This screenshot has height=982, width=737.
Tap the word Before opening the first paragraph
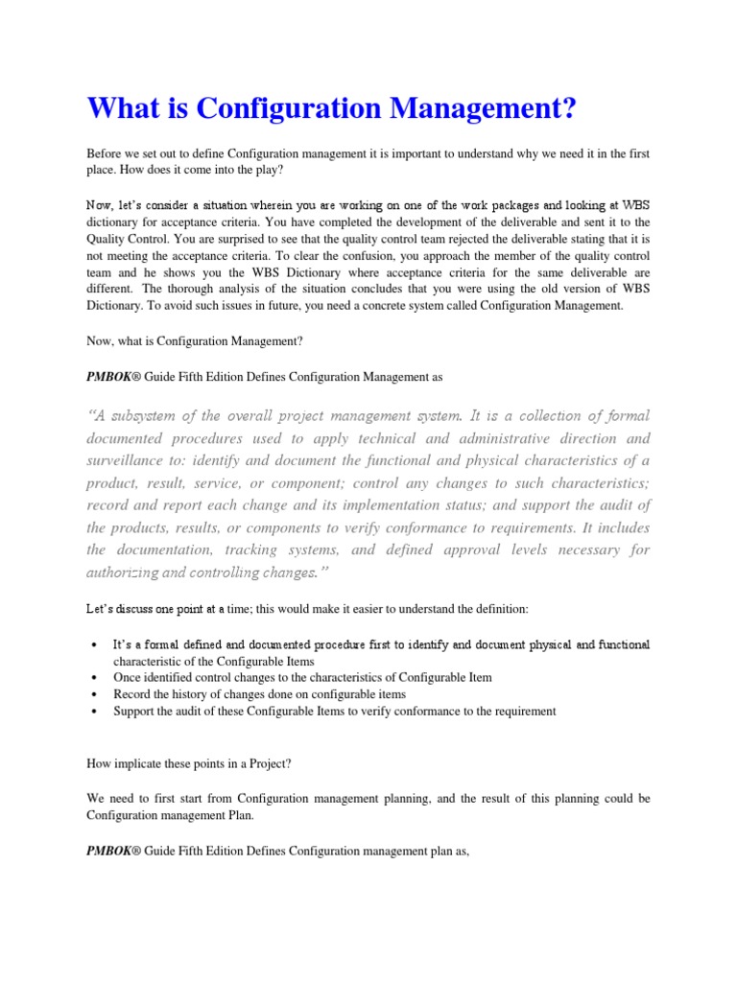(x=107, y=154)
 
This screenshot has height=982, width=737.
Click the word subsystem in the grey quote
(x=147, y=415)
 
